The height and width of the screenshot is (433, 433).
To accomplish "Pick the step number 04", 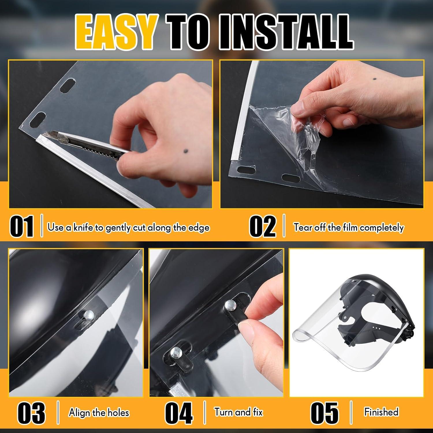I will pos(179,413).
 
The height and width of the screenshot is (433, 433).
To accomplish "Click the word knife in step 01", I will pos(83,227).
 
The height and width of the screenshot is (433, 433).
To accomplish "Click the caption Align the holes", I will pos(99,413).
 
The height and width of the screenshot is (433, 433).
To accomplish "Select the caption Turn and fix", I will pos(238,412).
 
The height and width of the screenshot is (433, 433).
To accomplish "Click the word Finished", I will pos(381,412).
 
